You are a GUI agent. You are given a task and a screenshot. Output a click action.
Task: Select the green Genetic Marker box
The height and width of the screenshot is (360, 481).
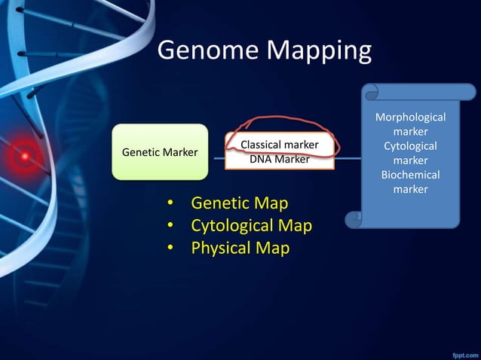160,152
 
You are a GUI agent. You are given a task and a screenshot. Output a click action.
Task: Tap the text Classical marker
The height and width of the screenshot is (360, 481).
279,144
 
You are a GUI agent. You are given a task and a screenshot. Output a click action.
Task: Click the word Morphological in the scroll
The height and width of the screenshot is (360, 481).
411,117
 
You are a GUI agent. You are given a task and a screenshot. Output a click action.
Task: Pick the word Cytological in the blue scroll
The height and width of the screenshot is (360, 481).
411,146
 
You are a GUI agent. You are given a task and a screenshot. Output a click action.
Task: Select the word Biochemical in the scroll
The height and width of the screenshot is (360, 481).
411,175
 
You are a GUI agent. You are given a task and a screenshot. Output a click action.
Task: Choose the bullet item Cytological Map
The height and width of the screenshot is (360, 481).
251,225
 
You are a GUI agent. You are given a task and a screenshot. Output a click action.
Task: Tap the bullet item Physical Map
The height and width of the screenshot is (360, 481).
240,248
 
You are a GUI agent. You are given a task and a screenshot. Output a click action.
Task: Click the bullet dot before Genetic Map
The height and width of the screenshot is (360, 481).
170,203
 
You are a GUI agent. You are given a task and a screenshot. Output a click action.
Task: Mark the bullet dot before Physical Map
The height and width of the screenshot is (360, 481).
170,249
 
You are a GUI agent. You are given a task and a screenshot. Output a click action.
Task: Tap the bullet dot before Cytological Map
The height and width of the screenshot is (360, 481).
170,226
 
